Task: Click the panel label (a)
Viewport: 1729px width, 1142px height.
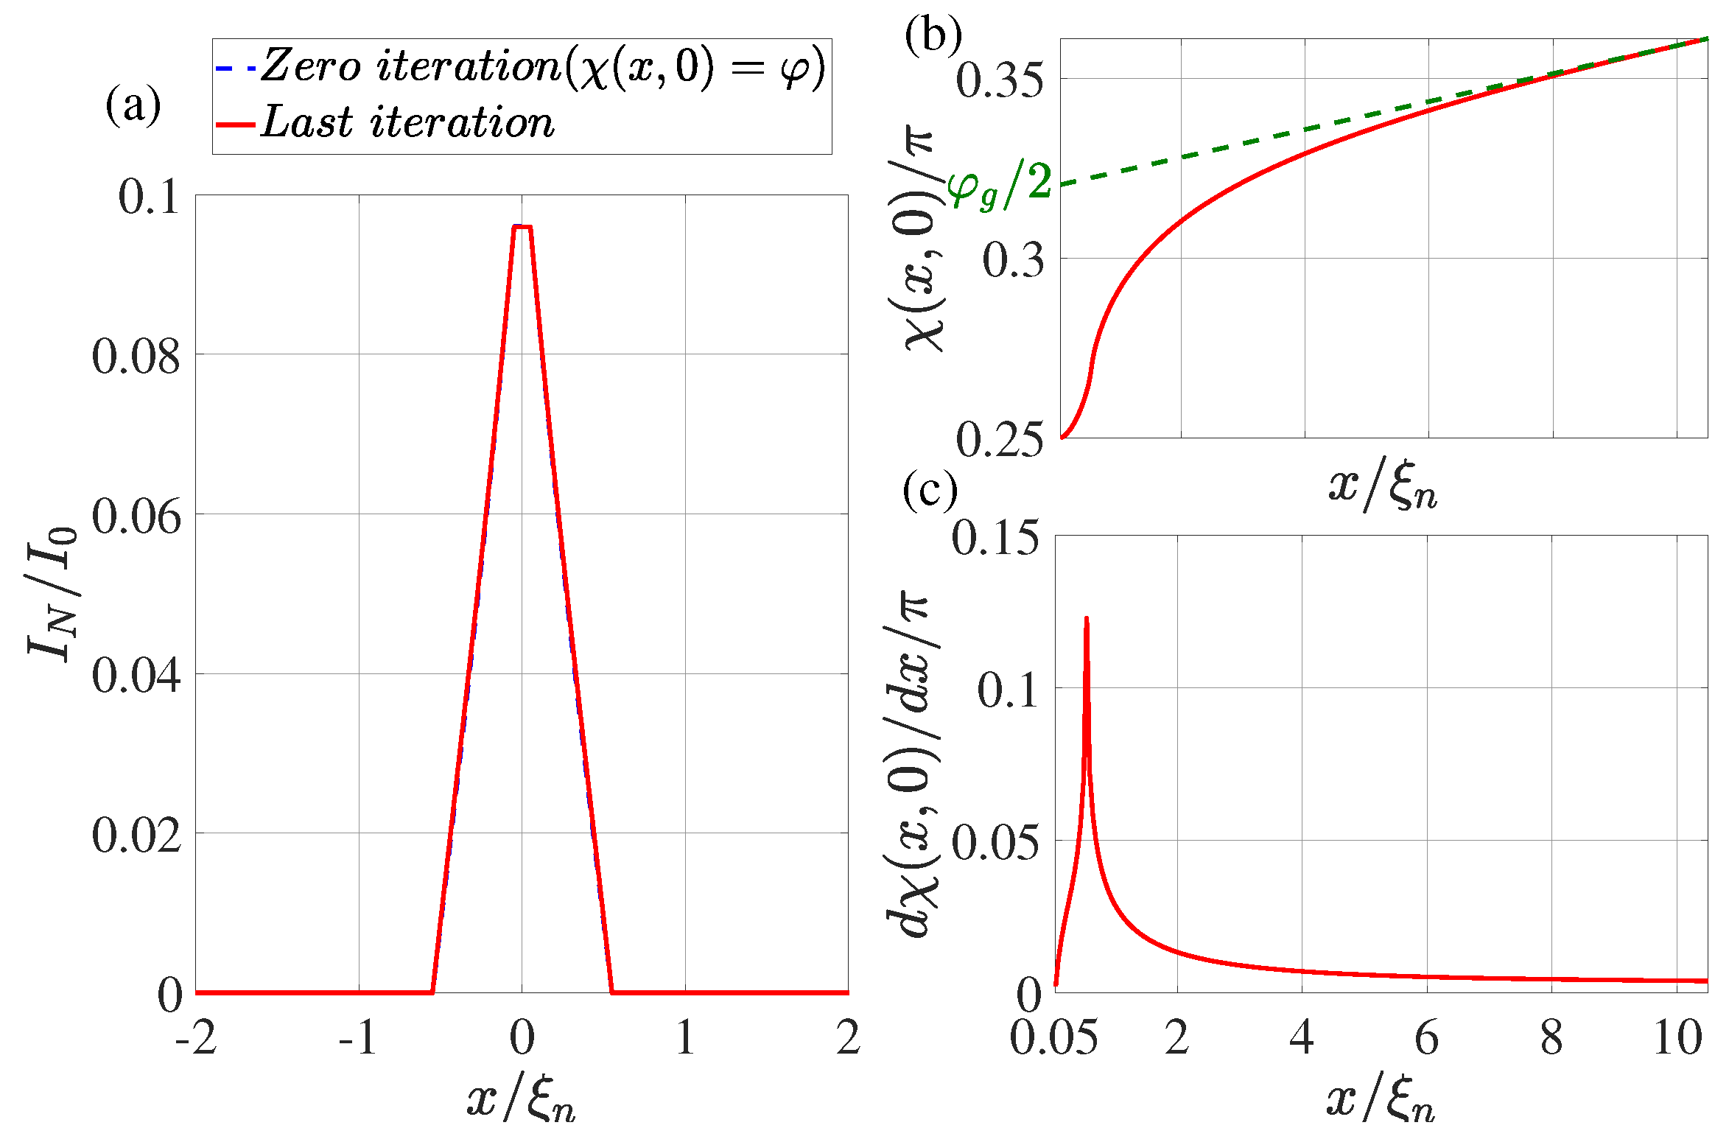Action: pos(133,105)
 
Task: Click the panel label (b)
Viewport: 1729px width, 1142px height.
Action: pos(933,35)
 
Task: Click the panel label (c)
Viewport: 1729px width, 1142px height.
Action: pos(930,489)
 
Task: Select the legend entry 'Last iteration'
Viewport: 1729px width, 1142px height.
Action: pos(407,122)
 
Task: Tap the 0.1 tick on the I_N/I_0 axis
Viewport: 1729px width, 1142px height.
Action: pos(149,197)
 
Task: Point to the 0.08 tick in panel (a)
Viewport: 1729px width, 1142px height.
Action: pos(136,356)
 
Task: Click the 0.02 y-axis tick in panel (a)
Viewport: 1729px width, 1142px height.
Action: pos(136,835)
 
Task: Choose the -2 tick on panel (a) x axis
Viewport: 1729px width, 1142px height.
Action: pos(195,1038)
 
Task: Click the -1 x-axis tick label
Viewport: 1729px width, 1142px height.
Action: pos(358,1038)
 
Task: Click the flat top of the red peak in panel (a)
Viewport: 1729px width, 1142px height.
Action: pos(522,226)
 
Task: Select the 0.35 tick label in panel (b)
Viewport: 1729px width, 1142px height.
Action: pos(999,80)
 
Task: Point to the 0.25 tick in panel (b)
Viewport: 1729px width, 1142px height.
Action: pos(999,440)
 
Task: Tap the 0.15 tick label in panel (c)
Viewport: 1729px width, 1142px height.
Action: pos(995,538)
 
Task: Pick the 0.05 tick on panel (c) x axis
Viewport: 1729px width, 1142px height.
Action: pos(1053,1038)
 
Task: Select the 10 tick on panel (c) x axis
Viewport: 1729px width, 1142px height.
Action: pos(1677,1038)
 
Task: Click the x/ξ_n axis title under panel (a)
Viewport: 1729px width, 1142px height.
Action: pos(521,1101)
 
